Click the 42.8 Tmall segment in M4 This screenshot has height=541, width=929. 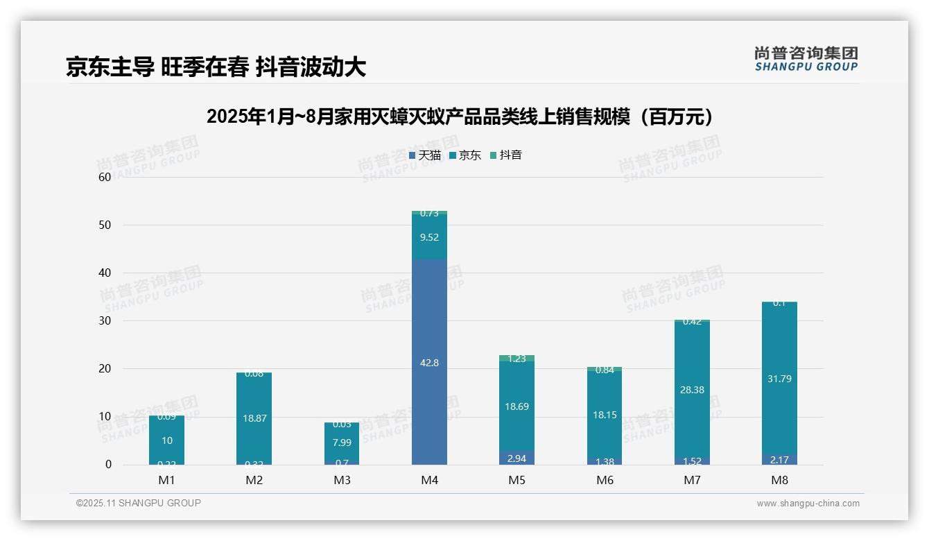click(429, 362)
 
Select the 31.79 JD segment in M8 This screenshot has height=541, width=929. click(779, 379)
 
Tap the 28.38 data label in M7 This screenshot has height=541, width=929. click(692, 390)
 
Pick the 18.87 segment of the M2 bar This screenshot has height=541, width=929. click(254, 418)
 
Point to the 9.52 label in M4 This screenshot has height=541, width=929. click(429, 237)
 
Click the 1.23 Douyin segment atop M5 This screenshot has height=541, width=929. click(516, 359)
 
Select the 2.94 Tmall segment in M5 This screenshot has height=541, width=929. click(516, 458)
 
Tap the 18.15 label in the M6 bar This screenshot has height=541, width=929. click(605, 415)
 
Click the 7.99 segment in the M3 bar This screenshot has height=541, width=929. click(342, 443)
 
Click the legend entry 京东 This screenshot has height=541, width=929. click(464, 155)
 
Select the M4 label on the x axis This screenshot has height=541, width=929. click(429, 480)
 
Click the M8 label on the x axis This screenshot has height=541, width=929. click(779, 480)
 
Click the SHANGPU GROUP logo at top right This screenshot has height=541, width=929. click(806, 59)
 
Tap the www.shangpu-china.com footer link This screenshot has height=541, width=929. click(808, 504)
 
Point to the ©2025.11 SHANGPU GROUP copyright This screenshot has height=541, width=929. click(139, 504)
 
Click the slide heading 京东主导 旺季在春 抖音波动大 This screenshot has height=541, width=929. click(216, 67)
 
